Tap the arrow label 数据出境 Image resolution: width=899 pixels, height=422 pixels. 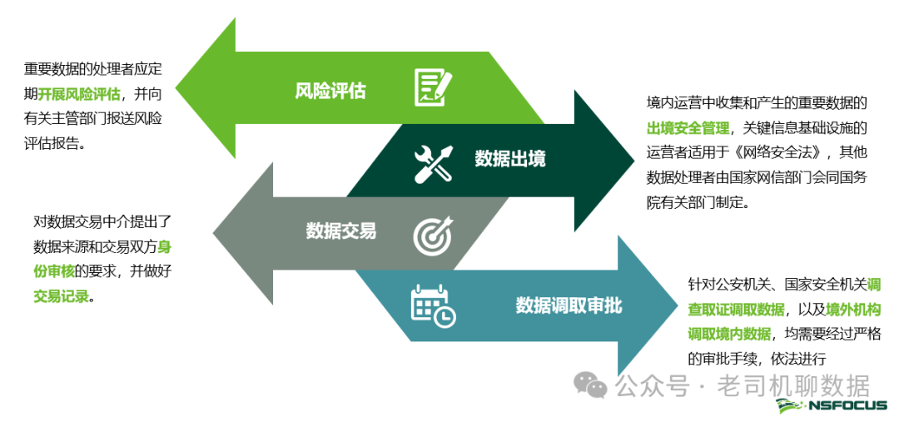point(510,158)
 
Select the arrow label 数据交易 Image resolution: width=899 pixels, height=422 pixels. point(341,231)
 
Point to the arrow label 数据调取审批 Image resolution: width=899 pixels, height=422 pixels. point(569,305)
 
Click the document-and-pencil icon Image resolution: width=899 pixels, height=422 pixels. point(433,87)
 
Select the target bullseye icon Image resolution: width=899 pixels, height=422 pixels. point(433,234)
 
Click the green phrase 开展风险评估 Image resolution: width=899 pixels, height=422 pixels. point(80,93)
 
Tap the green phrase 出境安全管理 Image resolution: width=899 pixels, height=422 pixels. point(688,127)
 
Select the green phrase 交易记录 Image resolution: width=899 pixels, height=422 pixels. point(61,295)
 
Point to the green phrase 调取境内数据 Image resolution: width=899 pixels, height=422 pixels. point(729,334)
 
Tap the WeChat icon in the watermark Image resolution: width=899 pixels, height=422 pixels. point(594,385)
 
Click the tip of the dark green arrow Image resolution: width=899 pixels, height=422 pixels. point(635,158)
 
